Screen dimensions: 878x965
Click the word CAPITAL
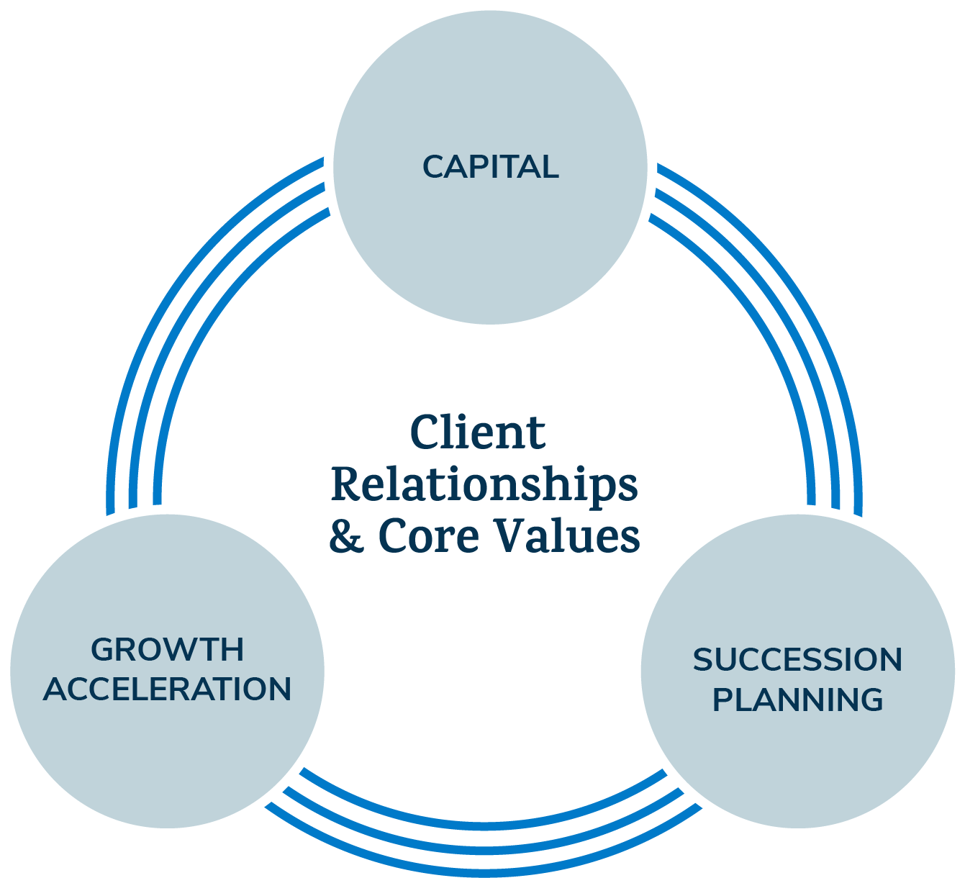490,167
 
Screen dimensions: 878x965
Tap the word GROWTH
167,650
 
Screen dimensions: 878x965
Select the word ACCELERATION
167,689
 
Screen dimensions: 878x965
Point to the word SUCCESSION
797,661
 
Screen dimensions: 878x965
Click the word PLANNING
797,700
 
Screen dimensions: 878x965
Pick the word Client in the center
478,433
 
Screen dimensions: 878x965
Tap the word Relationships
484,485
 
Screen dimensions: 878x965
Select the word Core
428,536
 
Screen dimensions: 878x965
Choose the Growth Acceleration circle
167,756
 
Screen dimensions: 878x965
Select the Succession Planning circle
797,763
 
